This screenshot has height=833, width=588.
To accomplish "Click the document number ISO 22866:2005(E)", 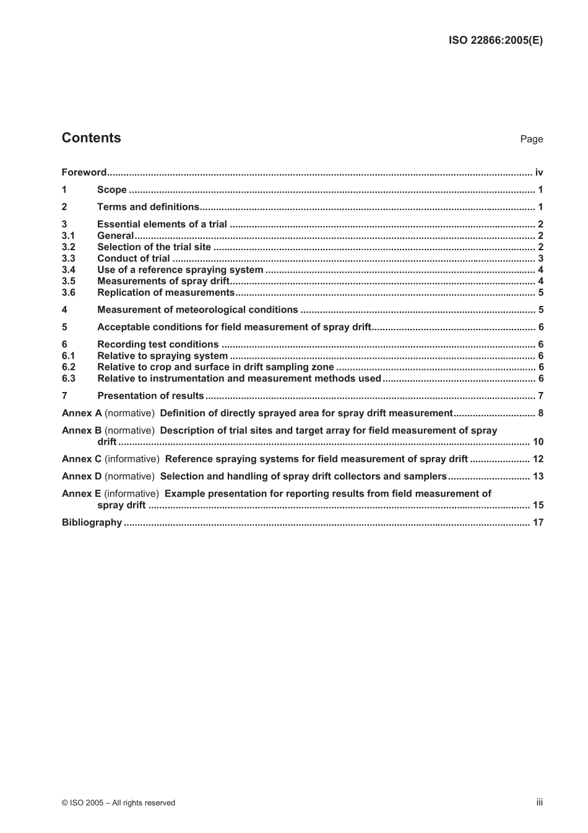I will pyautogui.click(x=495, y=40).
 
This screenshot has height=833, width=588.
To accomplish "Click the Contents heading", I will pyautogui.click(x=91, y=138).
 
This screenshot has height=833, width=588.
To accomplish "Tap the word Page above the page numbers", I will pyautogui.click(x=531, y=139).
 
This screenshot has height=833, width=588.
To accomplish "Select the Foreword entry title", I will pyautogui.click(x=84, y=172).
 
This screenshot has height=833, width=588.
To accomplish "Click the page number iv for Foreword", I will pyautogui.click(x=538, y=172).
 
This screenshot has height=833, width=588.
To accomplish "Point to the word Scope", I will pyautogui.click(x=112, y=190).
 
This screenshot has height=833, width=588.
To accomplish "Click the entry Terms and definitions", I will pyautogui.click(x=148, y=207).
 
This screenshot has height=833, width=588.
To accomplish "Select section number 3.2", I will pyautogui.click(x=68, y=247).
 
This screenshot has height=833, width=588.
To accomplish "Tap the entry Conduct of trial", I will pyautogui.click(x=133, y=258).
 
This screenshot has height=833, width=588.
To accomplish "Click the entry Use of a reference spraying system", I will pyautogui.click(x=180, y=270).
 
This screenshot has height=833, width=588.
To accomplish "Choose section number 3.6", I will pyautogui.click(x=68, y=293).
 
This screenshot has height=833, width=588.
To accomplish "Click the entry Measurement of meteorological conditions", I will pyautogui.click(x=197, y=310).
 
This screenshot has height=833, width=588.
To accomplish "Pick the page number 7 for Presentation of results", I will pyautogui.click(x=540, y=396).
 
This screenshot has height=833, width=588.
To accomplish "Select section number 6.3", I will pyautogui.click(x=68, y=378).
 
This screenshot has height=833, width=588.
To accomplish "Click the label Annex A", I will pyautogui.click(x=82, y=413).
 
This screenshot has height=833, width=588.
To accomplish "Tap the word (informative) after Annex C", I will pyautogui.click(x=132, y=459).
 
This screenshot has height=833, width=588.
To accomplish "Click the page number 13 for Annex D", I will pyautogui.click(x=538, y=476).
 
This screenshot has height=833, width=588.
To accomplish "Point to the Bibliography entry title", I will pyautogui.click(x=92, y=522).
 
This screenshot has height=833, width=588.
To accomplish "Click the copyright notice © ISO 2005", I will pyautogui.click(x=118, y=803).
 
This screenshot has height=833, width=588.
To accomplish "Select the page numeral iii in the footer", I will pyautogui.click(x=539, y=802).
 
